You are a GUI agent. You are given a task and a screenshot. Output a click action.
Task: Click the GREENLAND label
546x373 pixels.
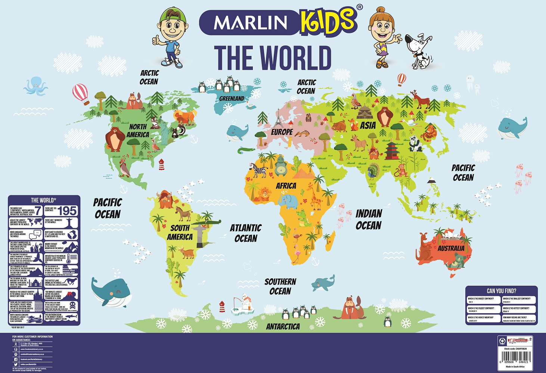coord(232,98)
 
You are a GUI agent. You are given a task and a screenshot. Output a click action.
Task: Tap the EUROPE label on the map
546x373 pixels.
coord(282,132)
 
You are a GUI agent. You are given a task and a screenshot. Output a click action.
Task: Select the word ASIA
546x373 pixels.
coord(368,125)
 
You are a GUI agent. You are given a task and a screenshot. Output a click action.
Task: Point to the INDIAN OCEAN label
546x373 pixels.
coord(369,219)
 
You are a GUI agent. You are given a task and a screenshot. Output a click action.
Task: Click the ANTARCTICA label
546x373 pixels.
coord(283,327)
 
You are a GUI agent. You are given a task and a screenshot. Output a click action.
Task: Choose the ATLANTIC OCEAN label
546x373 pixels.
coord(246,233)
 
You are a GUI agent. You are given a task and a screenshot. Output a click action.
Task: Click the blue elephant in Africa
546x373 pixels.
coord(288,202)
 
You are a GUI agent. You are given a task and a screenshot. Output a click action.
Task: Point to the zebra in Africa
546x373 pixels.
coord(258,171)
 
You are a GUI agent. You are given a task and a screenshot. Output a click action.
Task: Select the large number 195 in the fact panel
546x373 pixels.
coord(67,211)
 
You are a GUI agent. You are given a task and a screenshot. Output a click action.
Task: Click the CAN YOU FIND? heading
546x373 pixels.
coord(501,291)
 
